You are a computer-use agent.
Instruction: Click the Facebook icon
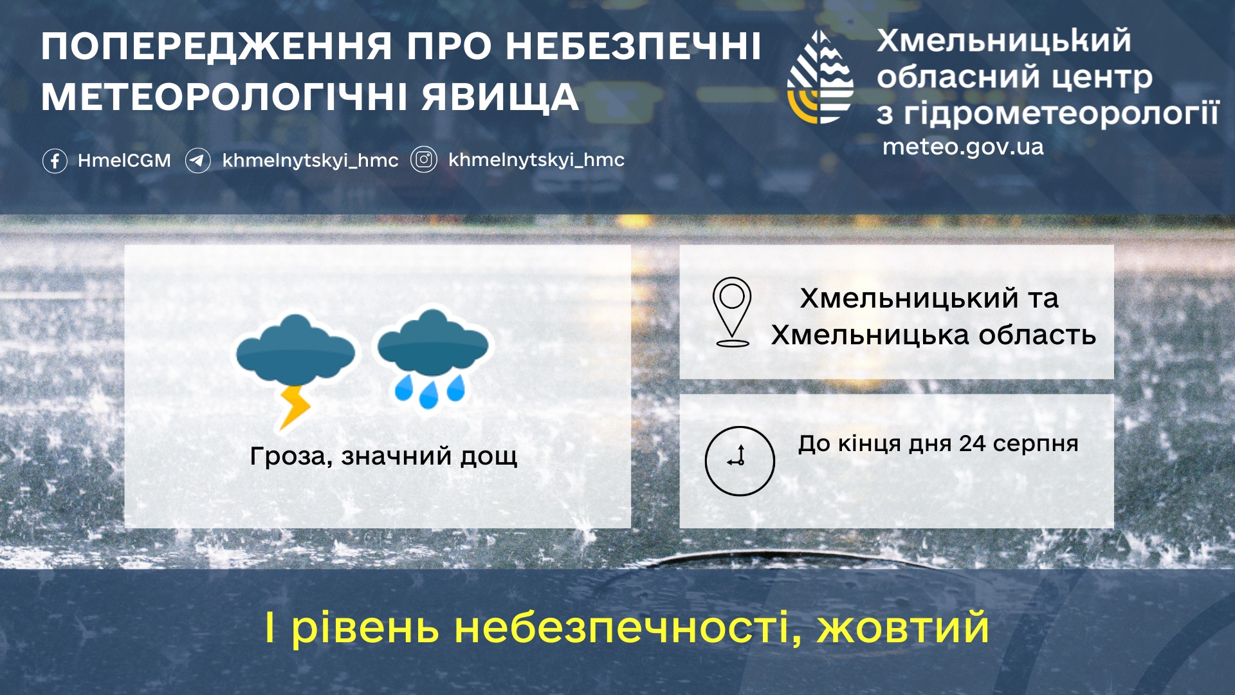(x=55, y=160)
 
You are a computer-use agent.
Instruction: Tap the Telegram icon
(x=198, y=160)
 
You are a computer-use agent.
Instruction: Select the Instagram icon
(x=424, y=159)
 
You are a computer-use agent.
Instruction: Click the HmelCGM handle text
(x=124, y=160)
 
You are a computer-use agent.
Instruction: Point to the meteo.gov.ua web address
(x=963, y=147)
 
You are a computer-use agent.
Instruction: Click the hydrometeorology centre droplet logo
(x=821, y=77)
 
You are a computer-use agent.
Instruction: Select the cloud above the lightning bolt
(x=295, y=348)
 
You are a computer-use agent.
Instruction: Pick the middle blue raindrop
(x=428, y=394)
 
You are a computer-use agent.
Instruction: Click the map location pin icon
(x=732, y=312)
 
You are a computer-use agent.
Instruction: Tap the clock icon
(x=740, y=461)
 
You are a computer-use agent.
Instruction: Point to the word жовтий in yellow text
(x=903, y=627)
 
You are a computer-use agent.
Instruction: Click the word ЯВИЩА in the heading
(x=500, y=98)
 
